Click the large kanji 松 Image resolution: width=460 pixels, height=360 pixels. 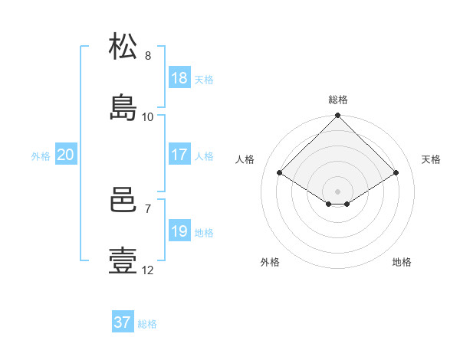tap(123, 46)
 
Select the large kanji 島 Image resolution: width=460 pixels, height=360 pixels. tap(123, 107)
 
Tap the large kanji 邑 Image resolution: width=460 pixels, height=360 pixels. tap(123, 199)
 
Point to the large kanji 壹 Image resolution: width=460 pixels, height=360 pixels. tap(123, 260)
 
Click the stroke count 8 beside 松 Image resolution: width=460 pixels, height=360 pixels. tap(148, 56)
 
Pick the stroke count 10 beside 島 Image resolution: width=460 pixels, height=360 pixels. tap(147, 117)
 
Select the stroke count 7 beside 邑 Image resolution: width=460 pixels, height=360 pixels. tap(148, 209)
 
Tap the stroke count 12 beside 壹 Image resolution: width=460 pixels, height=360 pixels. tap(147, 270)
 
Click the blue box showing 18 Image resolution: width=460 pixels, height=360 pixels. tap(179, 77)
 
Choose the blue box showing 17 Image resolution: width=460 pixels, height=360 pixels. tap(179, 154)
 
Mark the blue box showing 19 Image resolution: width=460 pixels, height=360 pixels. tap(179, 230)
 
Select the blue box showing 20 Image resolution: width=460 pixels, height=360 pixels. tap(66, 154)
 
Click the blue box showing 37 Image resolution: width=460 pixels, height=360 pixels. tap(123, 321)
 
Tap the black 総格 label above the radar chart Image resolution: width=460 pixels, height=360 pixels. tap(338, 100)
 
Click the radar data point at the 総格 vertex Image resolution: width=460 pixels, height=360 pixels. tap(337, 115)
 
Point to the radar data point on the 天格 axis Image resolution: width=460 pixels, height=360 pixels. tap(396, 172)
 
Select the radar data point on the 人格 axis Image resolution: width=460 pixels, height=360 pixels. tap(280, 172)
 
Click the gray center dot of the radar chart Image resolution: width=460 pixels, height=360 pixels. tap(337, 191)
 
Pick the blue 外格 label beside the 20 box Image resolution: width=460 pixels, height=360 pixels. tap(41, 156)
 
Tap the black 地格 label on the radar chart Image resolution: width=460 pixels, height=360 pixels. tap(402, 262)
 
